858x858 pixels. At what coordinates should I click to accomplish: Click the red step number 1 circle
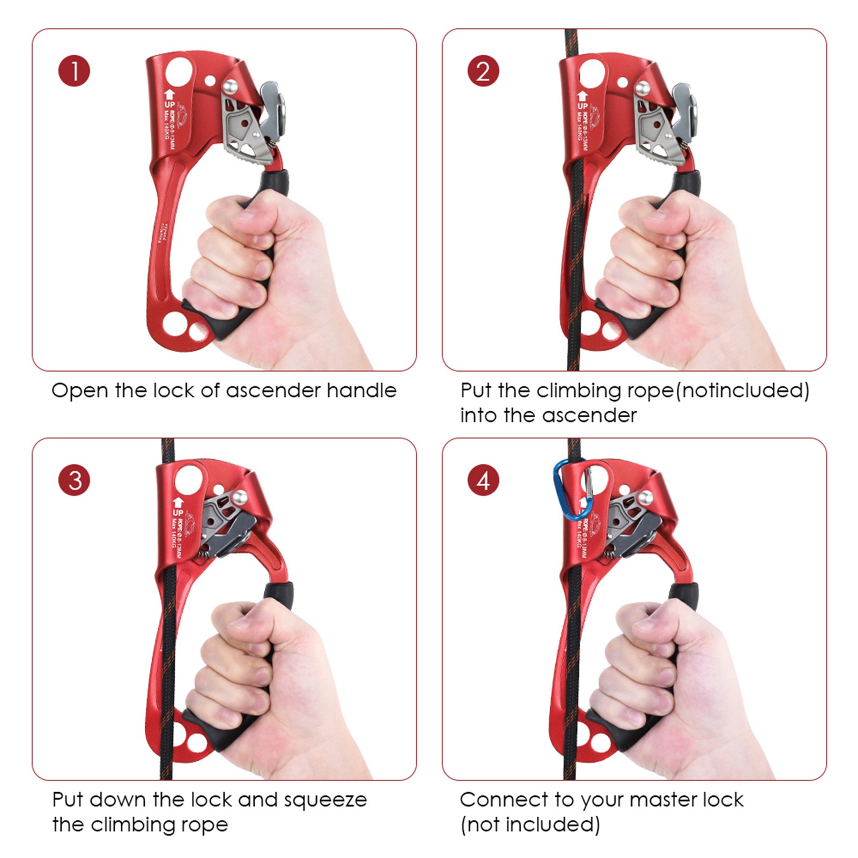coord(74,71)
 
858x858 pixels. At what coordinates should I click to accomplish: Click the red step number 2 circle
coord(483,71)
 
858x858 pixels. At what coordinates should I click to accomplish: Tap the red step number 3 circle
coord(74,480)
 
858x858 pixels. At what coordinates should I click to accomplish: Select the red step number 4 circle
coord(483,480)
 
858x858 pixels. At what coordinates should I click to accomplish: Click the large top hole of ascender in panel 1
coord(179,71)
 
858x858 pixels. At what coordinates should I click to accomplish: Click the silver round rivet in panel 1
coord(230,86)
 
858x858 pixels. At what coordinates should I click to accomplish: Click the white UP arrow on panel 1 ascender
coord(169,94)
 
